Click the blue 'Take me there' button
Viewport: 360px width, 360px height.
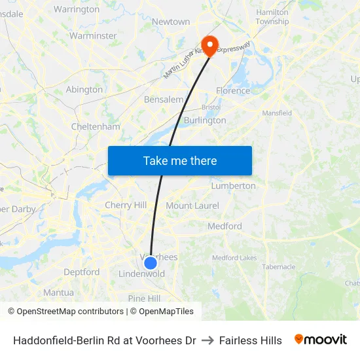click(x=179, y=161)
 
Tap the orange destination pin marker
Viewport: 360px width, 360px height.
click(x=210, y=45)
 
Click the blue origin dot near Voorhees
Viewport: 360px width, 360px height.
click(x=151, y=263)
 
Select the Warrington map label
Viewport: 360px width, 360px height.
click(x=77, y=9)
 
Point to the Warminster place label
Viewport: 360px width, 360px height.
click(x=93, y=35)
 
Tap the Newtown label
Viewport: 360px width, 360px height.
click(x=171, y=22)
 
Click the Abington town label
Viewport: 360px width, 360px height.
click(x=84, y=90)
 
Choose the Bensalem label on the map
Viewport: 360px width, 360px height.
click(x=164, y=100)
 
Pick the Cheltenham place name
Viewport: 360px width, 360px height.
click(x=96, y=126)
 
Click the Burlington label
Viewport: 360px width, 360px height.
click(x=205, y=120)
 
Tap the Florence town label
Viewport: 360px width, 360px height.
click(x=233, y=91)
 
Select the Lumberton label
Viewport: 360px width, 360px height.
click(x=233, y=186)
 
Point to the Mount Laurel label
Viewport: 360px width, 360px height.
click(x=192, y=206)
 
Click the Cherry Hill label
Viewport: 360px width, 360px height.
click(x=126, y=205)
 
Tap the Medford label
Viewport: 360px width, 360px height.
click(x=225, y=226)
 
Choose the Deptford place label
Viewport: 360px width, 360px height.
click(x=82, y=272)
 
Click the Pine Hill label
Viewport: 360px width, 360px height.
click(x=144, y=298)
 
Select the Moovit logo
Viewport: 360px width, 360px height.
click(x=321, y=340)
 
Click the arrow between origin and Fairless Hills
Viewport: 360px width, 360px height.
click(x=207, y=340)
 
